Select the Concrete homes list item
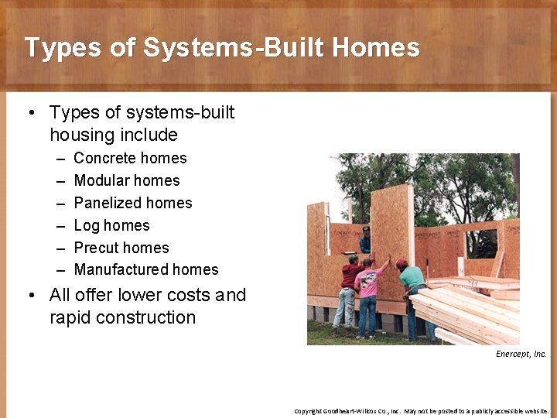[x=130, y=158]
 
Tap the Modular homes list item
[x=126, y=180]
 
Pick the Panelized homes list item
[x=132, y=203]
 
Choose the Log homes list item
[x=111, y=225]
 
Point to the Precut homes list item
[x=121, y=248]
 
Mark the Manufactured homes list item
[x=145, y=269]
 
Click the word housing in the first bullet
[x=82, y=135]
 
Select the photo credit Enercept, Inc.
[x=521, y=354]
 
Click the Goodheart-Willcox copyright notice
[x=421, y=411]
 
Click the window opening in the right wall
[x=481, y=242]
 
